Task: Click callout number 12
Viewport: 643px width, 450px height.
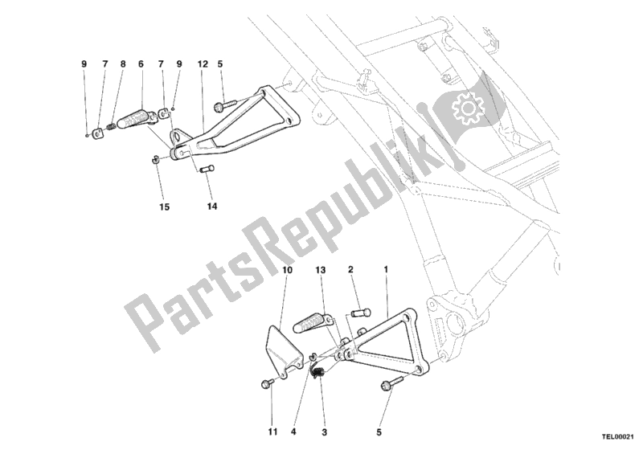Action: (203, 63)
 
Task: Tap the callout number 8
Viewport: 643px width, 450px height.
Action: (122, 63)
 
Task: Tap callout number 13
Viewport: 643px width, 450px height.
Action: (321, 271)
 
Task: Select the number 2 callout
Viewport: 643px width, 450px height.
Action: (351, 271)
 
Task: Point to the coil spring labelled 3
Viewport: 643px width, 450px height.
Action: (317, 371)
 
